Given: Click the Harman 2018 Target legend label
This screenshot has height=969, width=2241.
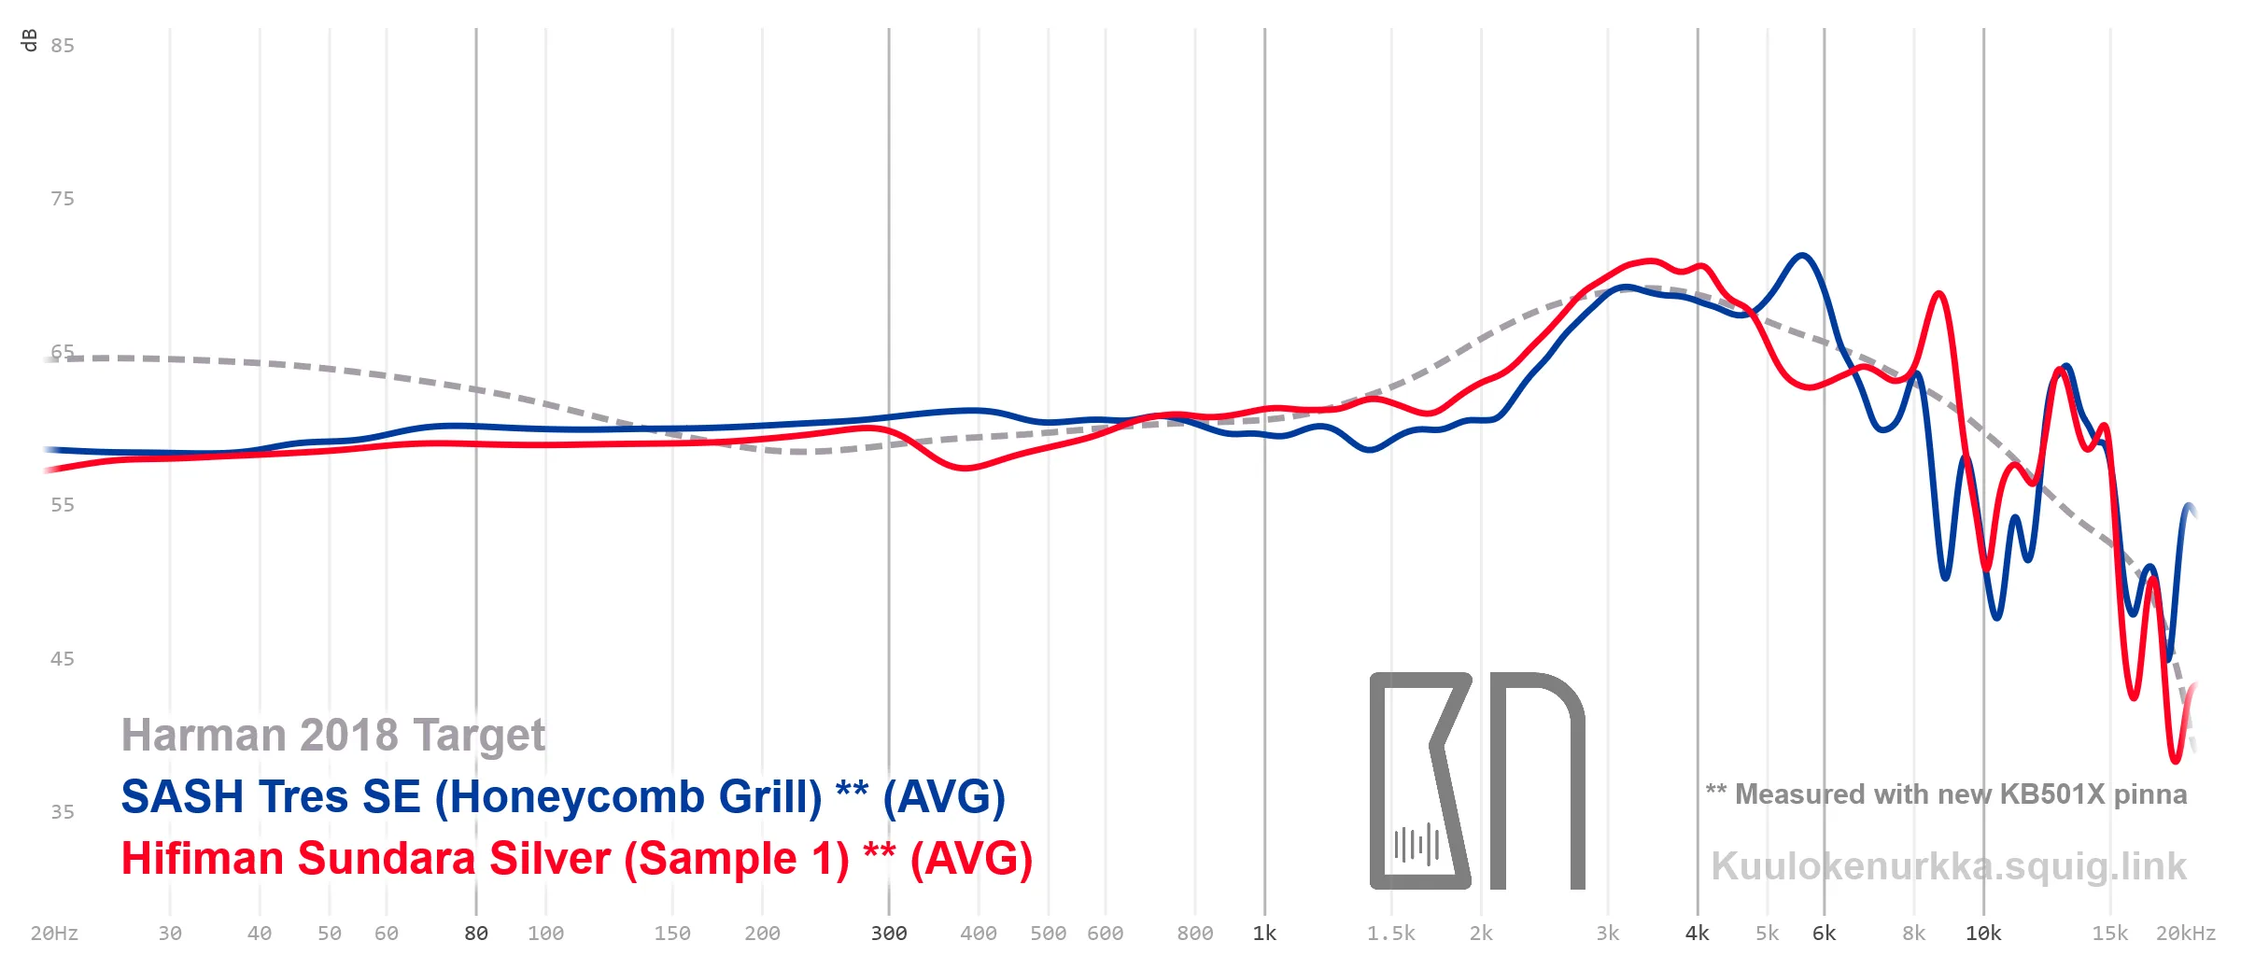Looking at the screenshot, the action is [333, 736].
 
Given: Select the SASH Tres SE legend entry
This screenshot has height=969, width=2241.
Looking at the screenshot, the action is [563, 797].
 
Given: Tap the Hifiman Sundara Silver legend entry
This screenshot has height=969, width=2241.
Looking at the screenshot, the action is [577, 859].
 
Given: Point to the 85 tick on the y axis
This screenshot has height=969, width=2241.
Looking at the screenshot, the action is [63, 46].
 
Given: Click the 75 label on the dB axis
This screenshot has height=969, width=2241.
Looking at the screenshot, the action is [63, 199].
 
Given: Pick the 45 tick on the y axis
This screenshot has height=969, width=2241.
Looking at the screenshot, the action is [63, 659].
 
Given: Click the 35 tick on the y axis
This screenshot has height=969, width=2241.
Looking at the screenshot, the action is [63, 812].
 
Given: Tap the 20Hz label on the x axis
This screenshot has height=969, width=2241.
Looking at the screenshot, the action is [54, 934].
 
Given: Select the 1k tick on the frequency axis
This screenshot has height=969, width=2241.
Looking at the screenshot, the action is [1264, 934].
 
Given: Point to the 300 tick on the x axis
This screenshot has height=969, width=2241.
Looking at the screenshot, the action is [889, 934].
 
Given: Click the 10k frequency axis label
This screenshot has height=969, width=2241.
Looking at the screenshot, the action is [1983, 934].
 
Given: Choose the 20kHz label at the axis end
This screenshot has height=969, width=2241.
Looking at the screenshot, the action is [2186, 934].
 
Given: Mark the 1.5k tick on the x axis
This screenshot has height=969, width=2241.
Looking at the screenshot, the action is [1391, 934].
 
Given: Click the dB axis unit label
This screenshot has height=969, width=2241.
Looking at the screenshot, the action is [29, 40].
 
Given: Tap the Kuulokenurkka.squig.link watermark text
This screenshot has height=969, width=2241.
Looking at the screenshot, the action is [1949, 867].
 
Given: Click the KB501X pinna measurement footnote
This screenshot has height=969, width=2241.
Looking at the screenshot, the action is [1947, 794].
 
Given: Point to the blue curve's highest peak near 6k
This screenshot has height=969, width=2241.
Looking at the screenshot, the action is [1801, 255].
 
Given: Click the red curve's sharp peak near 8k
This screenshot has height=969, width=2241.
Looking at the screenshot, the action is [1939, 294].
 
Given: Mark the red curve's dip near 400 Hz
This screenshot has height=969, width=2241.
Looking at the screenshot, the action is [965, 468].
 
